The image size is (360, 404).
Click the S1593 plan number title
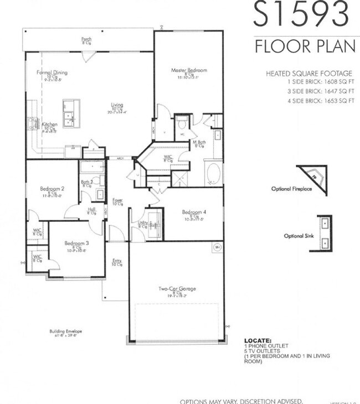tap(302, 14)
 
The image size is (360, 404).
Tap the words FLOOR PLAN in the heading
tap(305, 46)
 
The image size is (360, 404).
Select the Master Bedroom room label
tap(188, 70)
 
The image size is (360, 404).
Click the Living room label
tap(117, 105)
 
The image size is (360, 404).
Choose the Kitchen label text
tap(49, 125)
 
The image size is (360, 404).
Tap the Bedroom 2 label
tap(52, 189)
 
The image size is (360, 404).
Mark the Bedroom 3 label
tap(76, 243)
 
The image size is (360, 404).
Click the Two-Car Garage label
tap(177, 288)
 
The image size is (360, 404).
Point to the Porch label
tap(86, 39)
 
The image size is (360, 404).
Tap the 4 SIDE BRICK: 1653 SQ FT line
tap(309, 100)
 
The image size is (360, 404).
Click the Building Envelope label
tap(65, 331)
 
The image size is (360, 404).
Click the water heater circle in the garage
tap(218, 248)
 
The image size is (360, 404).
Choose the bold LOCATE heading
tap(258, 340)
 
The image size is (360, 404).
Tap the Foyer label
tap(117, 200)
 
